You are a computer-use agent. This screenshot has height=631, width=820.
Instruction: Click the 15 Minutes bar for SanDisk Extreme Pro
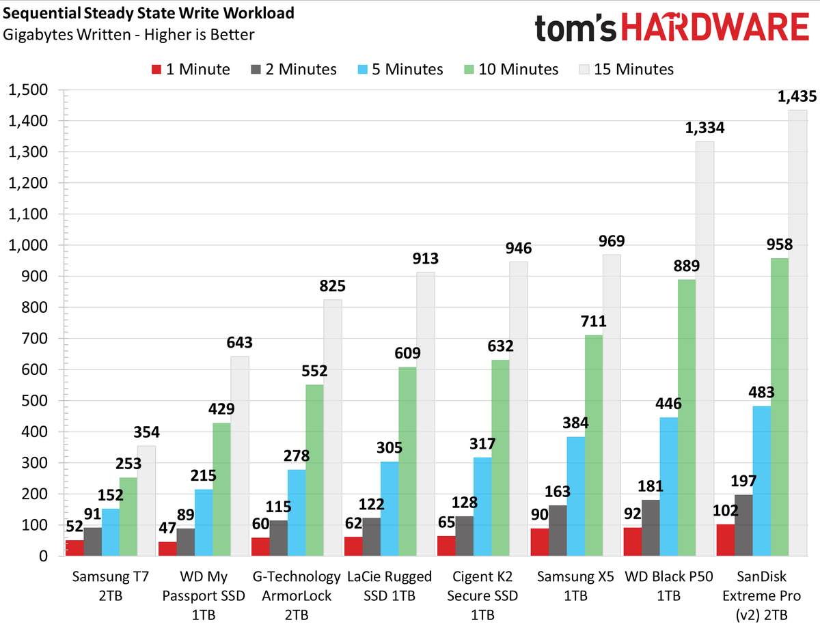coord(797,333)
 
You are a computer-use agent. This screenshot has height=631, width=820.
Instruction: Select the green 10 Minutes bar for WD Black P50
coord(687,418)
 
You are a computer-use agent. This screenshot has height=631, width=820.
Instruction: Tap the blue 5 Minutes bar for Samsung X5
coord(576,496)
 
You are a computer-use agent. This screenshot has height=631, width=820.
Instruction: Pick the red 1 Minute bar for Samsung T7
coord(74,548)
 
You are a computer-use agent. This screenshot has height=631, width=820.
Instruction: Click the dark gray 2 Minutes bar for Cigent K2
coord(465,536)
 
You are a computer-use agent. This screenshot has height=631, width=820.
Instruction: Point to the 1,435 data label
coord(797,96)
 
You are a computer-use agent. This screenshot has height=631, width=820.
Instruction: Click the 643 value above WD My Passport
coord(239,343)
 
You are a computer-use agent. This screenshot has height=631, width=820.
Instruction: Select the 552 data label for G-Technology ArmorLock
coord(314,371)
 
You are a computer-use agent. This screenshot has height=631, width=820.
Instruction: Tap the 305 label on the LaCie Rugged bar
coord(389,448)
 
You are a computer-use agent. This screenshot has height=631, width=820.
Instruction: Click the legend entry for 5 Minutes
coord(400,70)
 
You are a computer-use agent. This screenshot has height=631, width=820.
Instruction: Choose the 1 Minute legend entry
coord(191,70)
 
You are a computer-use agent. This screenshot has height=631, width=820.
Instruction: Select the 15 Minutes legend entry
coord(627,70)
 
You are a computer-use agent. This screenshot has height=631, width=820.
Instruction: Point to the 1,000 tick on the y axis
coord(28,245)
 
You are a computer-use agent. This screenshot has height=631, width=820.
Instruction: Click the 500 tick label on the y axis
coord(34,401)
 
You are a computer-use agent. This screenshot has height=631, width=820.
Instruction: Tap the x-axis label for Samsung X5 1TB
coord(575,586)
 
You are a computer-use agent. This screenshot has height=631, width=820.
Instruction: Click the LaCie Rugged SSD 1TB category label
coord(389,586)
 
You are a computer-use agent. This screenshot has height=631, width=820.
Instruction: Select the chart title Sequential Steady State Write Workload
coord(148,14)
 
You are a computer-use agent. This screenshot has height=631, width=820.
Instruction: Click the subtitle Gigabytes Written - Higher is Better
coord(128,35)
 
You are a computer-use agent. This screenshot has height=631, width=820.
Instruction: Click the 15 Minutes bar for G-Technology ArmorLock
coord(333,427)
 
